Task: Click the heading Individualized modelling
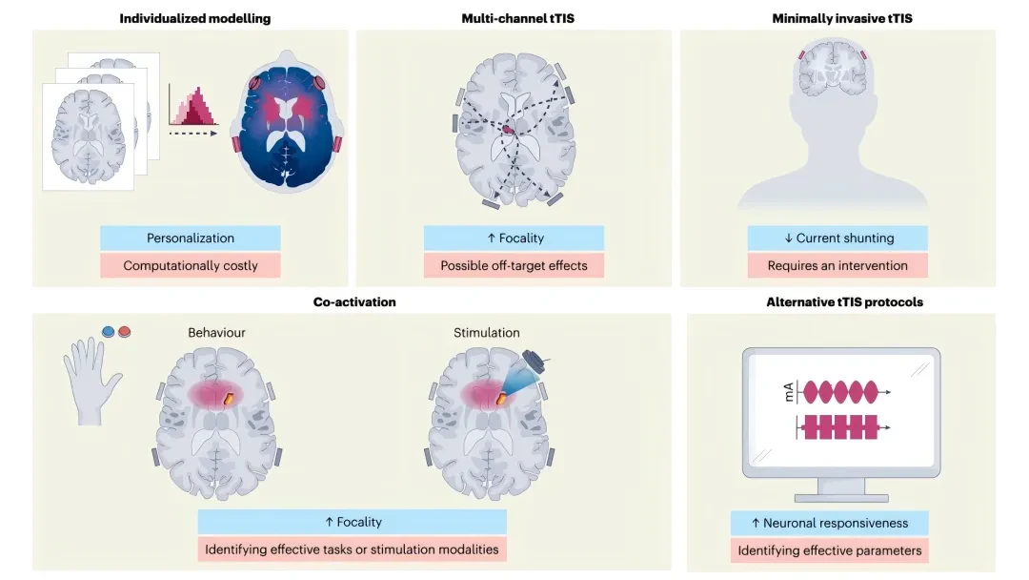(195, 18)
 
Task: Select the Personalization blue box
(191, 238)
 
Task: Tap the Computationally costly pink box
(191, 265)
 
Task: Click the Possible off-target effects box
(514, 265)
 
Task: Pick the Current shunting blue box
(837, 238)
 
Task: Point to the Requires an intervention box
(837, 265)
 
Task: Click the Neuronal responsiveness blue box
(830, 523)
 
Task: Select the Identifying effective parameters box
(830, 550)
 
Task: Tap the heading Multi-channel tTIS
(517, 18)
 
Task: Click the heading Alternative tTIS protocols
(844, 302)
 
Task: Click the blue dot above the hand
(109, 332)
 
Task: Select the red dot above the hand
(124, 332)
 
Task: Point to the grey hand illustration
(91, 381)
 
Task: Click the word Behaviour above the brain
(216, 332)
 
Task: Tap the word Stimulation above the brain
(486, 332)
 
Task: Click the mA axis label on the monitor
(789, 393)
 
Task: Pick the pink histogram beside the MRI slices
(192, 105)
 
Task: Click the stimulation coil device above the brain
(535, 362)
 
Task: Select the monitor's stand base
(841, 498)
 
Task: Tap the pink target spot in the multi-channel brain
(509, 130)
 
